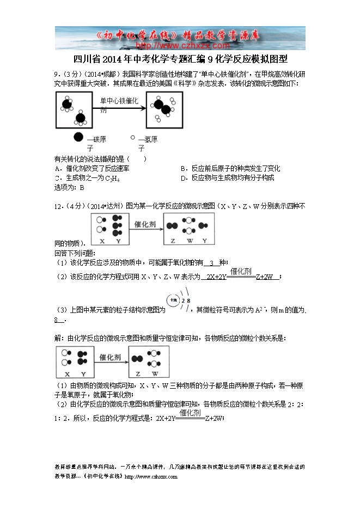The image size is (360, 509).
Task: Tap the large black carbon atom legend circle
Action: (78, 138)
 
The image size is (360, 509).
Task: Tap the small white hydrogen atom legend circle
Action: (132, 138)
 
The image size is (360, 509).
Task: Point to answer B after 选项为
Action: (82, 188)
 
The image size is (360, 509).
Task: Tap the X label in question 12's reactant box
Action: (101, 241)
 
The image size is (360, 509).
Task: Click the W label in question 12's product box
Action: (189, 241)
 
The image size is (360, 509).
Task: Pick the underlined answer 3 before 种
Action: (212, 263)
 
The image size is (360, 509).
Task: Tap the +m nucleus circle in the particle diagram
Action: (174, 300)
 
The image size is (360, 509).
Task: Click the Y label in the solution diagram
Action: (83, 374)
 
